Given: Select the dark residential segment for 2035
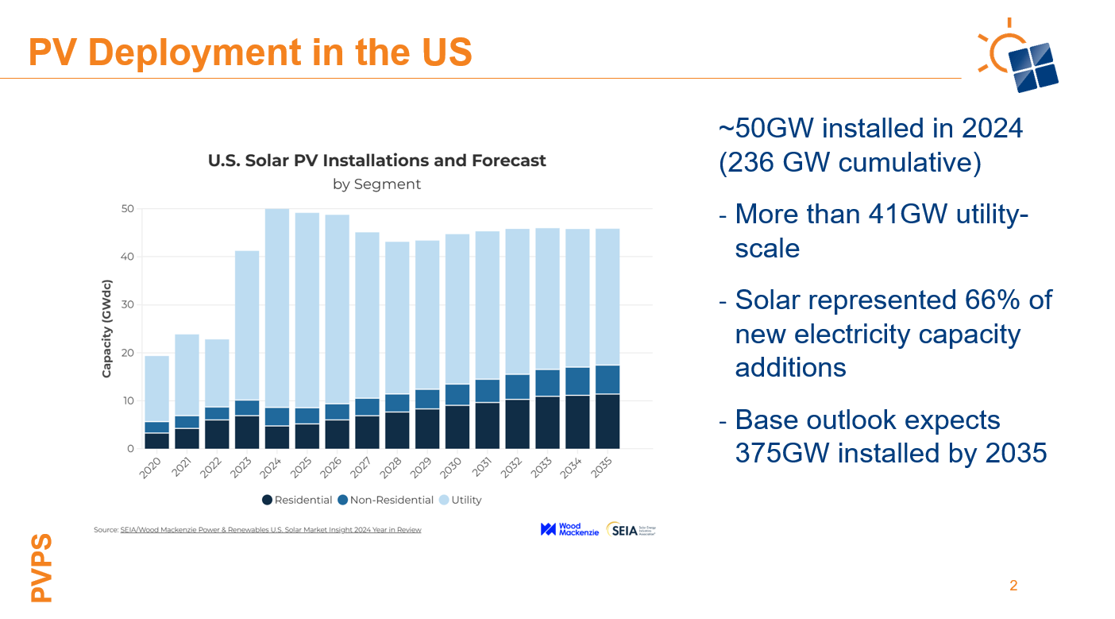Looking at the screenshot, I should (608, 421).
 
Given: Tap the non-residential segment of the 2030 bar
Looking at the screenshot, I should (457, 395).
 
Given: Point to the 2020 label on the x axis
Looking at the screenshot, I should (151, 468).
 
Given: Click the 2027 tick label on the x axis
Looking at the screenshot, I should (362, 468).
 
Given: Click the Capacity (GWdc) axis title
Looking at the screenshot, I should (106, 328).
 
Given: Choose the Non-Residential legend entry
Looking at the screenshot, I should (386, 500).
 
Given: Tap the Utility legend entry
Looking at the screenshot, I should (461, 500).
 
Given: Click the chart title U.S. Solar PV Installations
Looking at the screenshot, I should (376, 161).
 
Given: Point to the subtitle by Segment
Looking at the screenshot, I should (376, 184).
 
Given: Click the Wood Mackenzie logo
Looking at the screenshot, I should (569, 529).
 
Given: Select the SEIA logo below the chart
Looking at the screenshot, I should (631, 530).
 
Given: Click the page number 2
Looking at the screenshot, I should (1013, 586).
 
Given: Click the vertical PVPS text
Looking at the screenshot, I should (40, 567).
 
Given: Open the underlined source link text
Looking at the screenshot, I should (271, 529).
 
